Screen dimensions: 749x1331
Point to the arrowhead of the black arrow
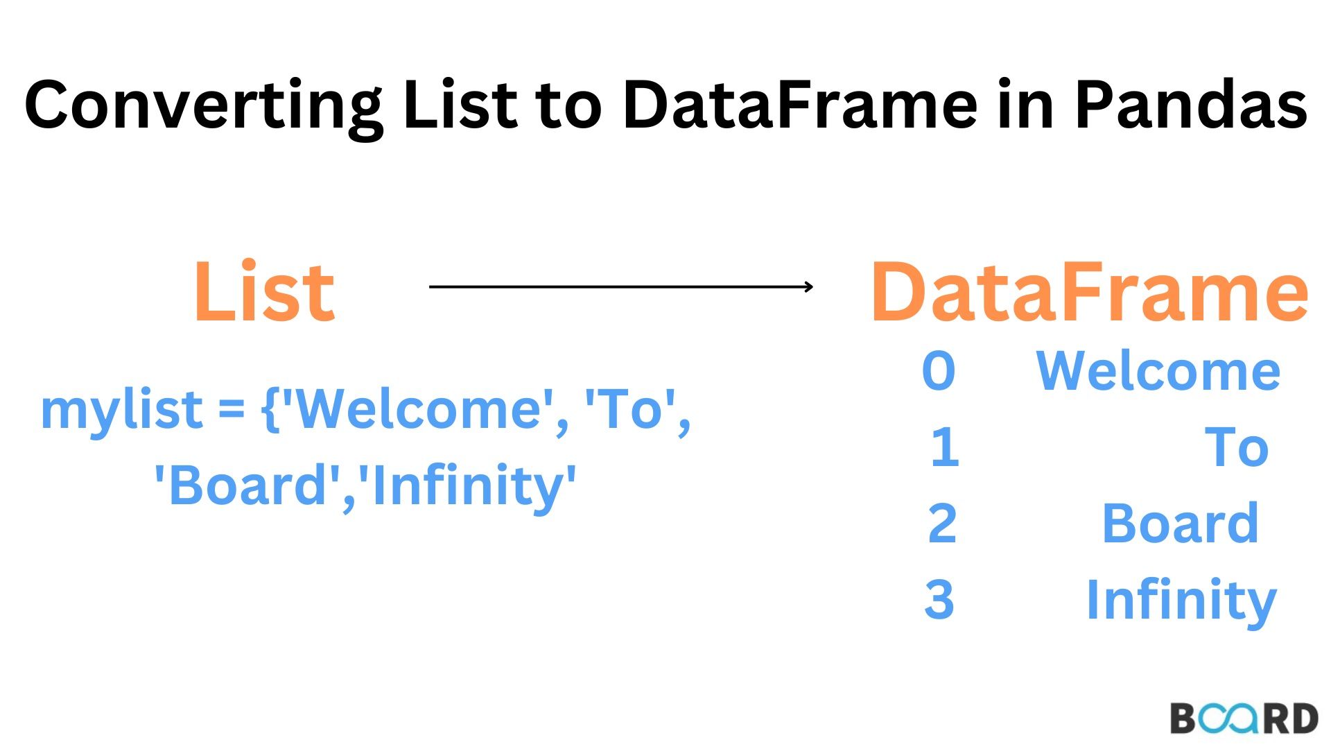(x=808, y=286)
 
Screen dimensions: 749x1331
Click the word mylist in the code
(x=121, y=409)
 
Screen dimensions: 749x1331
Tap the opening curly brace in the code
(x=270, y=409)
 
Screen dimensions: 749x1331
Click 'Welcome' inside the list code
(x=423, y=409)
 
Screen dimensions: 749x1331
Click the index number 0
(x=939, y=371)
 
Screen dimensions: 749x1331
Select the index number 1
(x=944, y=447)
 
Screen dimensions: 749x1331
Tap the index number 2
(x=942, y=524)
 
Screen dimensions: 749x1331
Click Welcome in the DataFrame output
(x=1158, y=371)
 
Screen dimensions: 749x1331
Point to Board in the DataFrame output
(x=1180, y=524)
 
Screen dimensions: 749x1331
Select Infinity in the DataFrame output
(x=1181, y=600)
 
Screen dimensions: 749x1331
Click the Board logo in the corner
(x=1244, y=718)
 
